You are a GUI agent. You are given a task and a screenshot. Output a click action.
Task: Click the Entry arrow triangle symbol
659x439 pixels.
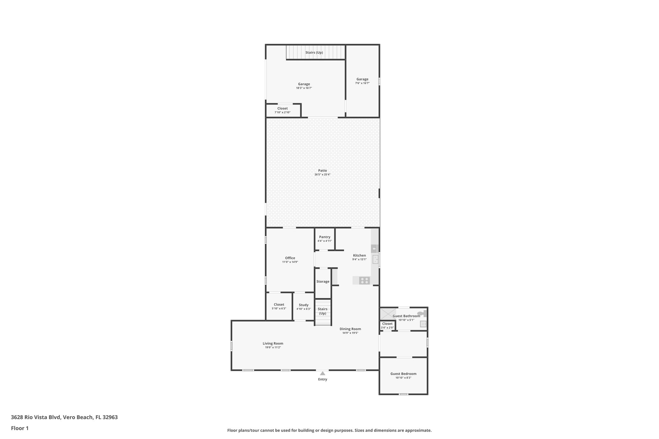[322, 373]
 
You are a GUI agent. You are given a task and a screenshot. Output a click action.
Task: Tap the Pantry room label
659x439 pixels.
[325, 237]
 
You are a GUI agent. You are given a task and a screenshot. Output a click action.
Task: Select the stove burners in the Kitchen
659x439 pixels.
[365, 280]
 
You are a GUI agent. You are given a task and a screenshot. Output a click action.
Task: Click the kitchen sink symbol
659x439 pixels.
[375, 259]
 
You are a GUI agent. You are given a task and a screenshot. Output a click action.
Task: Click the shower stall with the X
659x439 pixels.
[388, 314]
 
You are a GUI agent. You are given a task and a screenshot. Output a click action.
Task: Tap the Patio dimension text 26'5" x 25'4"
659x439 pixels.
[322, 175]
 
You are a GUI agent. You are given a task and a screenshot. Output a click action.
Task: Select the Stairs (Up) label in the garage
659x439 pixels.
[314, 52]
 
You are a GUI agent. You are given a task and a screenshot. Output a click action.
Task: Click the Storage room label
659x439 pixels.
[323, 281]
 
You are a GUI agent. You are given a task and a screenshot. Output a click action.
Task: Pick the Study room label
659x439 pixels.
[303, 305]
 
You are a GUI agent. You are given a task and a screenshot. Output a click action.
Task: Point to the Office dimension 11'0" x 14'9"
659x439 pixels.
[290, 262]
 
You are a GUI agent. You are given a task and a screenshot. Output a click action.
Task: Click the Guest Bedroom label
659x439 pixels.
[403, 374]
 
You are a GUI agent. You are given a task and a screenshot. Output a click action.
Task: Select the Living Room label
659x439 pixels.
[273, 343]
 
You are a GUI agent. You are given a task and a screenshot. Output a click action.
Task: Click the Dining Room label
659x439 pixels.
[350, 329]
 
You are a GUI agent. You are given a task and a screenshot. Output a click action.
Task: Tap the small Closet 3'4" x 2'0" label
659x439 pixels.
[387, 324]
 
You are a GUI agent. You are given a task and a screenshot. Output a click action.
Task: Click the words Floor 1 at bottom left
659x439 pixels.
[20, 428]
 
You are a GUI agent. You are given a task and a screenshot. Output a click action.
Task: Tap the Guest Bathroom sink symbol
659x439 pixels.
[423, 324]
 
